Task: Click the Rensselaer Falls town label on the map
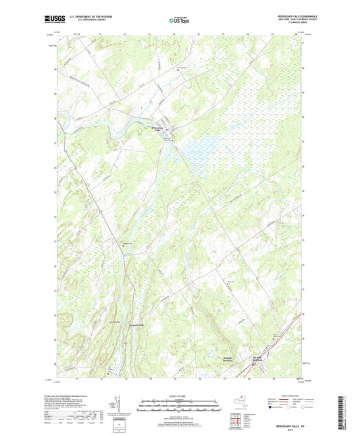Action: [x=157, y=130]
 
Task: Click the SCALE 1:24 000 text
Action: [x=179, y=396]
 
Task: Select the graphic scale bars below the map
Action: [x=179, y=406]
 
